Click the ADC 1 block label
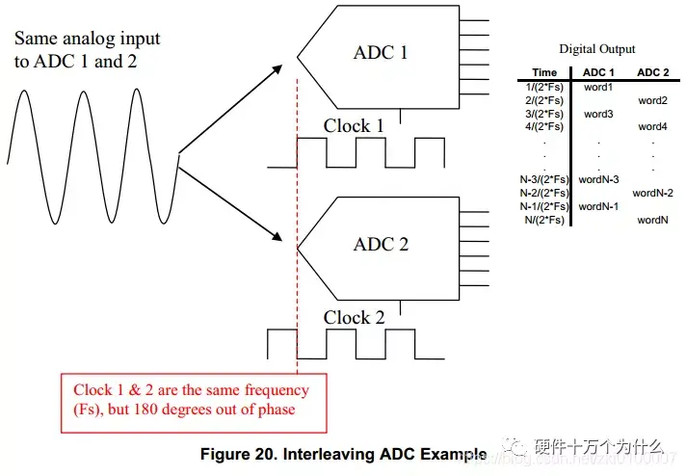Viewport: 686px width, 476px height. click(381, 52)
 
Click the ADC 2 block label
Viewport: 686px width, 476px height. click(381, 244)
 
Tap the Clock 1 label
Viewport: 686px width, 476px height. click(354, 126)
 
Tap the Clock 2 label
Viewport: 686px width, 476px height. click(354, 318)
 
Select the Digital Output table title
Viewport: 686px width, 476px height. click(597, 49)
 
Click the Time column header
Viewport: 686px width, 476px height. click(544, 72)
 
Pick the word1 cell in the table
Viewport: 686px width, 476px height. click(598, 87)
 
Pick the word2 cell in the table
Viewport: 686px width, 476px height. click(652, 100)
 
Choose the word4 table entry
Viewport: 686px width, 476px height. click(652, 126)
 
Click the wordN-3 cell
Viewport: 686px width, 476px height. click(598, 179)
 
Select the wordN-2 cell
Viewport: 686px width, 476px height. click(652, 193)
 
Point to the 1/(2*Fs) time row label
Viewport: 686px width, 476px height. click(544, 87)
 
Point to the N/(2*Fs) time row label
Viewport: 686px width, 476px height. click(544, 220)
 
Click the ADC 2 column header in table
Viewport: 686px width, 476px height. click(652, 72)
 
